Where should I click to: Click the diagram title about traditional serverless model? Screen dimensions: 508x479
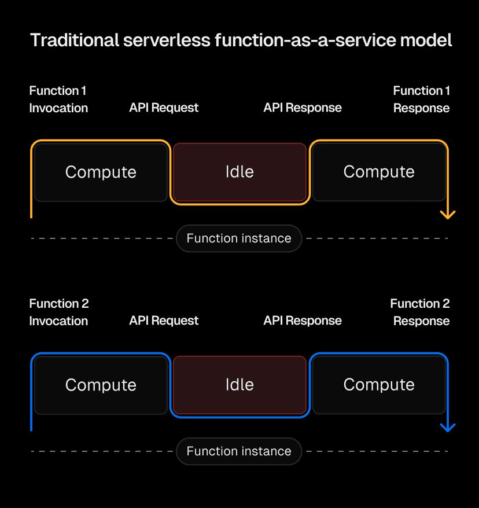pyautogui.click(x=241, y=41)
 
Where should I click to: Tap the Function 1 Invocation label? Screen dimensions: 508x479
pyautogui.click(x=58, y=100)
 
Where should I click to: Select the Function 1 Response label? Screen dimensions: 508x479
pyautogui.click(x=421, y=100)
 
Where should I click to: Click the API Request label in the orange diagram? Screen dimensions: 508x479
pyautogui.click(x=164, y=108)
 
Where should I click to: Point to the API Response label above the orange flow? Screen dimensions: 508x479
pyautogui.click(x=303, y=108)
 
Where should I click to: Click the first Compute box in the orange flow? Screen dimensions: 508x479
pyautogui.click(x=101, y=172)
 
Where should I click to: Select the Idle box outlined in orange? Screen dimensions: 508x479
pyautogui.click(x=239, y=172)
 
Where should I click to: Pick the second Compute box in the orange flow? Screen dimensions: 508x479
pyautogui.click(x=379, y=172)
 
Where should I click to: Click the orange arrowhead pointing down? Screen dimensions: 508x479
pyautogui.click(x=448, y=215)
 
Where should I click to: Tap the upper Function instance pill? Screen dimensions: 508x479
pyautogui.click(x=239, y=238)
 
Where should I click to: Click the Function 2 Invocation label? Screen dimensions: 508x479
pyautogui.click(x=58, y=312)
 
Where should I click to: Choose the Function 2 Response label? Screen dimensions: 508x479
pyautogui.click(x=421, y=312)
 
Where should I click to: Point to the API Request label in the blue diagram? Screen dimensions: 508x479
pyautogui.click(x=164, y=321)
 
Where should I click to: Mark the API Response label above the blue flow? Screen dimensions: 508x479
pyautogui.click(x=303, y=321)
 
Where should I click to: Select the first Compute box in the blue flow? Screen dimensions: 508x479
pyautogui.click(x=101, y=385)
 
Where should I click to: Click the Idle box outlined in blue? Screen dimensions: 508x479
pyautogui.click(x=239, y=385)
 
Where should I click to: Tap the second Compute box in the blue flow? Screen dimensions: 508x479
pyautogui.click(x=379, y=385)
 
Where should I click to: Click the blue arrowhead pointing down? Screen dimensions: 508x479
pyautogui.click(x=448, y=428)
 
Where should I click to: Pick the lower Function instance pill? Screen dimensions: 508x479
pyautogui.click(x=239, y=451)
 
